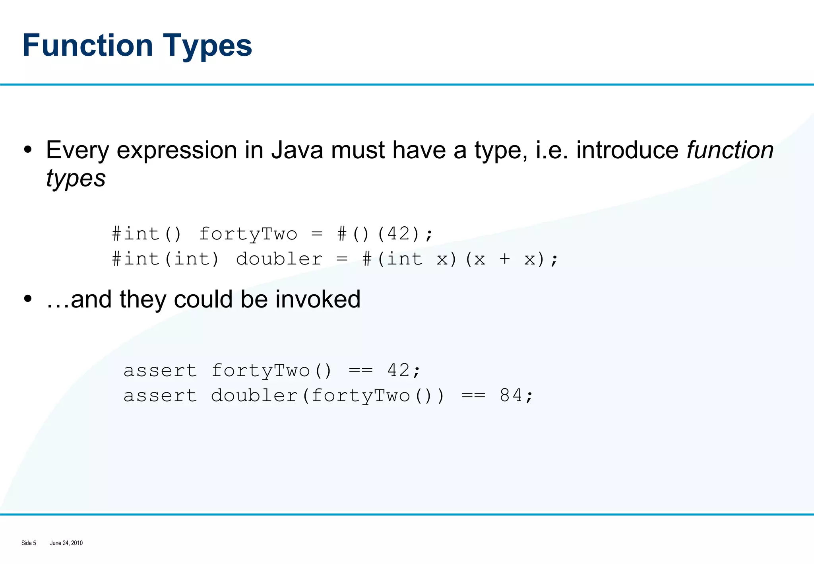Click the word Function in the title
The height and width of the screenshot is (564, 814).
(x=87, y=45)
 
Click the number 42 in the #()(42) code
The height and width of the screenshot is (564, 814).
(x=399, y=233)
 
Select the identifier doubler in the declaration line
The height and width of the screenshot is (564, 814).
(x=279, y=259)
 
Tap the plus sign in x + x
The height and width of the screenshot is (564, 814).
(x=505, y=259)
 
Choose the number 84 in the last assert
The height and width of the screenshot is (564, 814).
(x=511, y=395)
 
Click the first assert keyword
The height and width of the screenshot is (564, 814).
(x=160, y=371)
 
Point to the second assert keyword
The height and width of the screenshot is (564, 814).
(x=160, y=396)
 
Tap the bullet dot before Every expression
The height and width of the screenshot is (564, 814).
(x=27, y=150)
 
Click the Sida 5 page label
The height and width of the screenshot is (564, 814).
(x=29, y=543)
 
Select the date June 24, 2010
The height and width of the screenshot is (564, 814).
(x=66, y=543)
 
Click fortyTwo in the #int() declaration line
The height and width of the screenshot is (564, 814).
(x=248, y=234)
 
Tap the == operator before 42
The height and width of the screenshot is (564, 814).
(x=360, y=371)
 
